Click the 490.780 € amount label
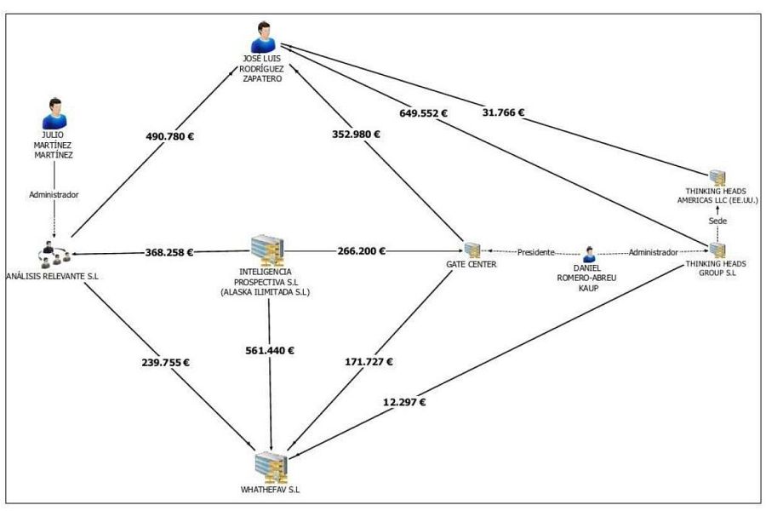coord(169,136)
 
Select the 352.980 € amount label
coord(356,134)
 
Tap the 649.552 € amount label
coord(423,113)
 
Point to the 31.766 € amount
coord(503,112)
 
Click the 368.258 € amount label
coord(169,252)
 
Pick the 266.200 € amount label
coord(361,251)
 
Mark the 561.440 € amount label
coord(270,350)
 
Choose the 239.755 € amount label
coord(166,362)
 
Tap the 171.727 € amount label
coord(369,361)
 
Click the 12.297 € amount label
coord(404,402)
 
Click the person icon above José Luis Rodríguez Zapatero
coord(263,37)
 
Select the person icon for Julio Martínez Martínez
coord(54,113)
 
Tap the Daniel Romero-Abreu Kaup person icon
coord(589,255)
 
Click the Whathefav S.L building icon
coord(272,468)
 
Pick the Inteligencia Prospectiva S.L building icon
coord(267,250)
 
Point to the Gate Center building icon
coord(472,250)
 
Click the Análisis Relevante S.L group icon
coord(54,255)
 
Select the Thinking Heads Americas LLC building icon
coord(717,178)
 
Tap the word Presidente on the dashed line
coord(536,252)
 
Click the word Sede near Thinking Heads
coord(717,221)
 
